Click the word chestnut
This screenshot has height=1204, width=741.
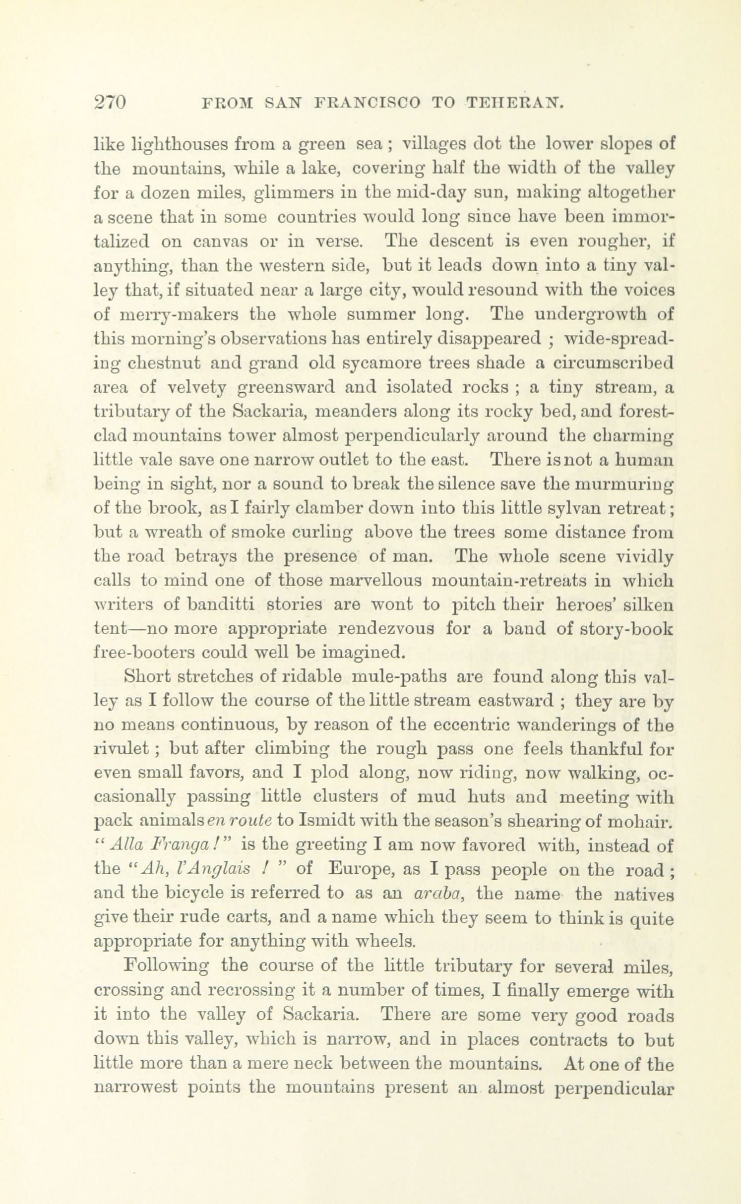pyautogui.click(x=158, y=363)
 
